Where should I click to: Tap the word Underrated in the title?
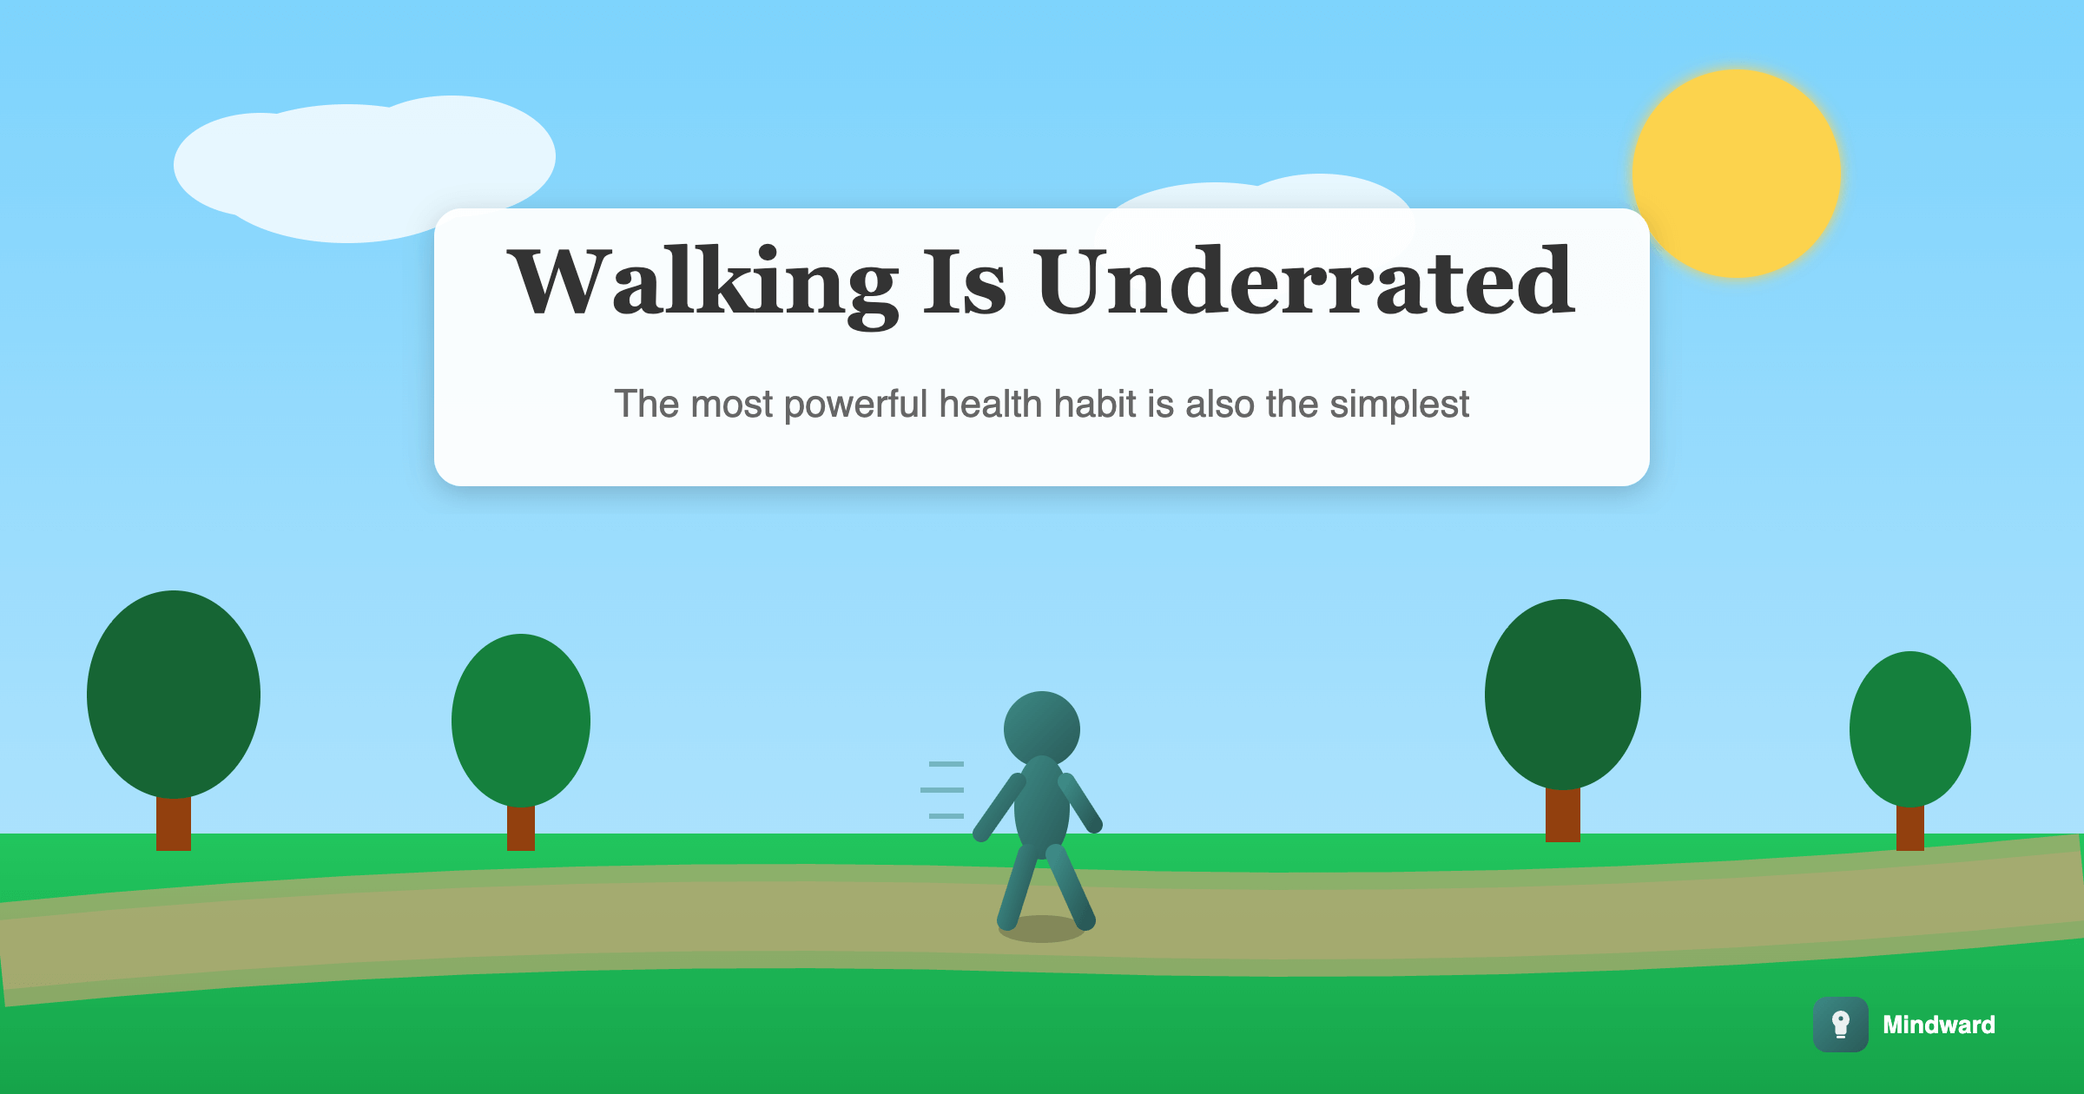tap(1304, 281)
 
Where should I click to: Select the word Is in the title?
tap(964, 281)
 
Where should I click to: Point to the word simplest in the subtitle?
tap(1399, 405)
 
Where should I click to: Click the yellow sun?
tap(1737, 174)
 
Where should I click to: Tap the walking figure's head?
tap(1042, 729)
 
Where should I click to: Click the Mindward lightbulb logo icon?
tap(1840, 1025)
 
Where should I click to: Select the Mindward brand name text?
tap(1939, 1025)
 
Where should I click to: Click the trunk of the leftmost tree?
tap(174, 823)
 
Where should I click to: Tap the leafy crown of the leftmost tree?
tap(174, 695)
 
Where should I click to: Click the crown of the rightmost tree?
tap(1910, 729)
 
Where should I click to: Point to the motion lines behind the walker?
tap(943, 790)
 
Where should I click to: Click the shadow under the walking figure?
tap(1042, 929)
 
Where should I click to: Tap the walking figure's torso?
tap(1042, 806)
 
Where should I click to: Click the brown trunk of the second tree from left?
tap(521, 827)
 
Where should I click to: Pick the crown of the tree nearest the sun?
tap(1563, 695)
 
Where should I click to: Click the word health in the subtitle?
tap(991, 404)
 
